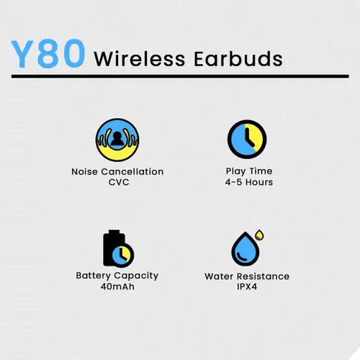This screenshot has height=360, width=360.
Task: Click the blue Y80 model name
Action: point(48,54)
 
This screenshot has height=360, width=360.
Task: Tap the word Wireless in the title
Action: point(140,59)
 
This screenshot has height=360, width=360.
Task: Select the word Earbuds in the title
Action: point(238,58)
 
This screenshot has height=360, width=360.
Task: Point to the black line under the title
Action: point(180,76)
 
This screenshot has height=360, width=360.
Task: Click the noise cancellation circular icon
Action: point(117,140)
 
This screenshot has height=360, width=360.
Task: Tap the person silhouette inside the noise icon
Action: point(117,139)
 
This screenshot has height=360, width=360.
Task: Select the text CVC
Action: point(119,182)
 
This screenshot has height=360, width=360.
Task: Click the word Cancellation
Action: point(132,171)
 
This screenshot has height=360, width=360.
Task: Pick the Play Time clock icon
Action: point(247,139)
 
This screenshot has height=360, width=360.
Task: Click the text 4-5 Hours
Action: point(249,182)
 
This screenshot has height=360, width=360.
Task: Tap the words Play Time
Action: point(249,171)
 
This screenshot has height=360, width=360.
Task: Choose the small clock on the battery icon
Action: point(122,256)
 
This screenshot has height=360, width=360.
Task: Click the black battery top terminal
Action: point(114,232)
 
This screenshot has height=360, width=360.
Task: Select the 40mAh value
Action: point(117,287)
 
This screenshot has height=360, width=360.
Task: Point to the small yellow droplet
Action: point(259,235)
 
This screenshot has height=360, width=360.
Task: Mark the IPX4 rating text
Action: point(247,287)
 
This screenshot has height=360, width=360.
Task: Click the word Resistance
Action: point(263,276)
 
